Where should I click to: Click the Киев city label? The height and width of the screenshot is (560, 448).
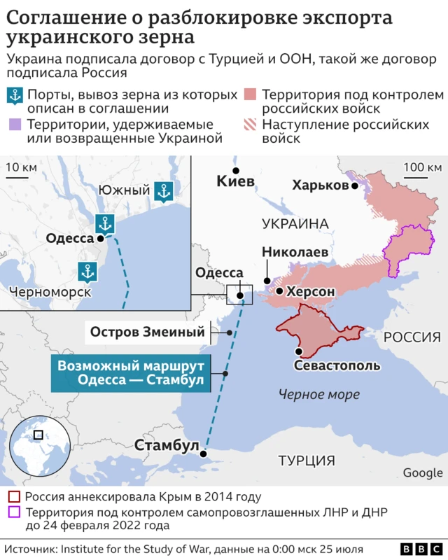235,182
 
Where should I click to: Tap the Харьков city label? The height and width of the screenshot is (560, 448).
320,185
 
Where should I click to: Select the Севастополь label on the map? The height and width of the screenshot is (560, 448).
337,365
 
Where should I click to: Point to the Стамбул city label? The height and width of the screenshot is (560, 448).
167,445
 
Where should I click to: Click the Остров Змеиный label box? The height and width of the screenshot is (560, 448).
148,332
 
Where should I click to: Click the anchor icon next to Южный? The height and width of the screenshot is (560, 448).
163,190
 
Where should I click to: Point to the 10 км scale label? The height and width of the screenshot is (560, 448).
21,167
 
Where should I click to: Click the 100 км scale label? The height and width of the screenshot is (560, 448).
423,167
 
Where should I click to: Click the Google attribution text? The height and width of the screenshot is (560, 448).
422,473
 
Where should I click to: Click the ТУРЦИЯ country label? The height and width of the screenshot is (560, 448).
307,460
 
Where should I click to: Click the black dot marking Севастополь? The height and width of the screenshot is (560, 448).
299,351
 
